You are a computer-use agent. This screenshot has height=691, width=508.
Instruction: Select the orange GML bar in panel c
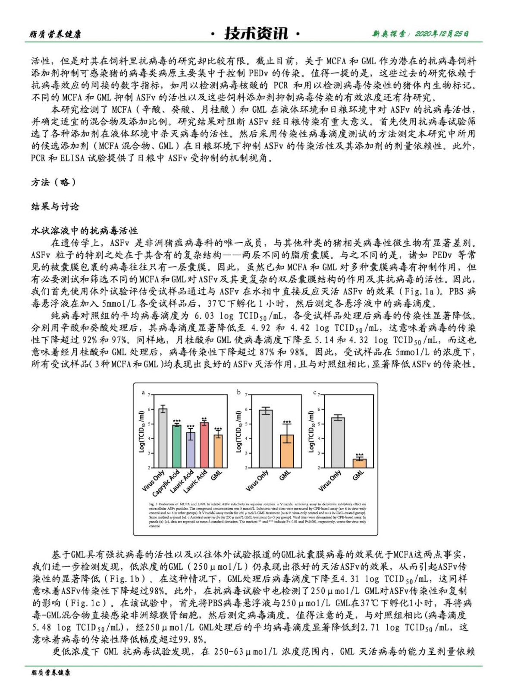[359, 463]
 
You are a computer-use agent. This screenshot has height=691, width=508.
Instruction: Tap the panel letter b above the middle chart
[238, 392]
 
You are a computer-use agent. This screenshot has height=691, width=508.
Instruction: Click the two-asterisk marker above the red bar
[204, 419]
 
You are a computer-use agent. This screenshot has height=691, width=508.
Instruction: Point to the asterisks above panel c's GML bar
[359, 455]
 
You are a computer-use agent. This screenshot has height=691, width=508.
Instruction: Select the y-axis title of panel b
[238, 431]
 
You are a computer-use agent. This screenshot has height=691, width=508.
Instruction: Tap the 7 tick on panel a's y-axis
[149, 395]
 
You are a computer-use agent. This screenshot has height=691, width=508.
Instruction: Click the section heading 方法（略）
[53, 182]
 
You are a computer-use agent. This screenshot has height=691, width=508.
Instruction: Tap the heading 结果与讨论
[55, 206]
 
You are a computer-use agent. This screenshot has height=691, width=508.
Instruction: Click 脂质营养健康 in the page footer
[50, 672]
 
